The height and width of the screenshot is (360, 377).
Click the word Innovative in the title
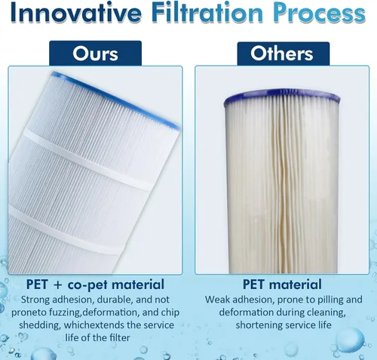pos(76,12)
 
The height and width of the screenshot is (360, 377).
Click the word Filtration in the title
pos(207,12)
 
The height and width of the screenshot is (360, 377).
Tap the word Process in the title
pos(319,13)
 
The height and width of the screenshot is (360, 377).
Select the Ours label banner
pos(96,54)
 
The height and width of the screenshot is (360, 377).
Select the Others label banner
pos(284,54)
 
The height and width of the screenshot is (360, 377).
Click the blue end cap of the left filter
pos(115,100)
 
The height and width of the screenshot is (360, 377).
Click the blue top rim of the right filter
pos(282,97)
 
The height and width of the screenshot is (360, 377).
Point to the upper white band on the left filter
pos(88,160)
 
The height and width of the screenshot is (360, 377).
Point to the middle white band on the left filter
pos(66,229)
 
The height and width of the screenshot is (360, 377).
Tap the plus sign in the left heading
pos(57,285)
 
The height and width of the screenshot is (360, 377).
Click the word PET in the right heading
pos(254,285)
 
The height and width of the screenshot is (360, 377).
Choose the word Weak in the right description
pos(217,300)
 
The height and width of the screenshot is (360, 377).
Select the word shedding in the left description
pos(40,325)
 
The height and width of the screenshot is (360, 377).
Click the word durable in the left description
pos(115,300)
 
